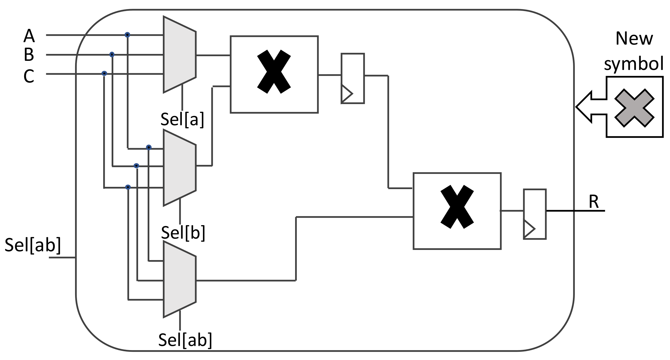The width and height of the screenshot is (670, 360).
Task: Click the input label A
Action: tap(29, 36)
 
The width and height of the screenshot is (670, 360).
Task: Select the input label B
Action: tap(29, 54)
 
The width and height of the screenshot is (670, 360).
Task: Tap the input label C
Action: tap(29, 76)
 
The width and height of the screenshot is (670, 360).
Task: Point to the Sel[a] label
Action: tap(182, 120)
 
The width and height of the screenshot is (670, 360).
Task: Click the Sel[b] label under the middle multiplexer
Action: tap(183, 233)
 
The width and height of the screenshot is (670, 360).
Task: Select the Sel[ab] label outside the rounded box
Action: tap(33, 245)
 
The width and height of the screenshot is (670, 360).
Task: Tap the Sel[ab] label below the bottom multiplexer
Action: tap(185, 340)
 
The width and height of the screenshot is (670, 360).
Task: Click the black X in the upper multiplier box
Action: tap(274, 72)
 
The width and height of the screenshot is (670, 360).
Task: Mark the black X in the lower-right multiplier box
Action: tap(457, 207)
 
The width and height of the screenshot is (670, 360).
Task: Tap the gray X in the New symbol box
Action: tap(634, 108)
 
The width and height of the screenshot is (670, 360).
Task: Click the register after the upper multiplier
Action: tap(353, 78)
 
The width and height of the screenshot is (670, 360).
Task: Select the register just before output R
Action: tap(534, 214)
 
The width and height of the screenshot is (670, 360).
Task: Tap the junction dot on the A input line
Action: tap(127, 35)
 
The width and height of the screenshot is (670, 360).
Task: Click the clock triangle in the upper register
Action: tap(346, 94)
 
